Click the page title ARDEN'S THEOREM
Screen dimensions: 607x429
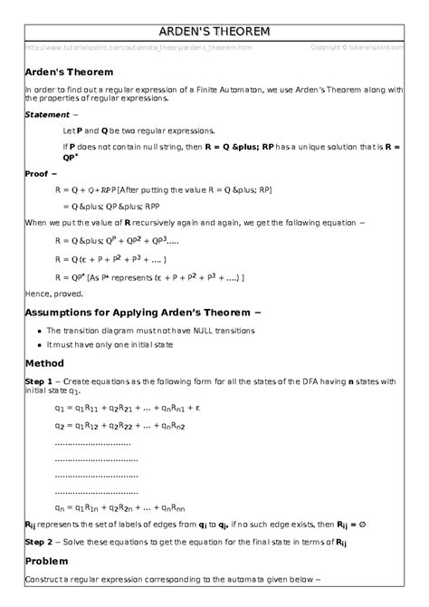point(214,33)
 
